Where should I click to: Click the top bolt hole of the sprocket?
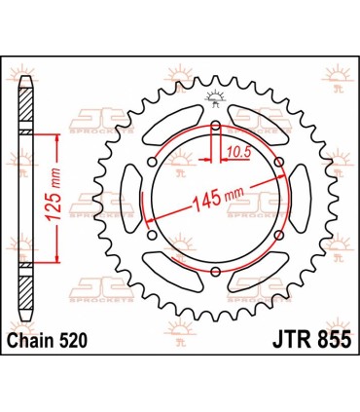click(x=215, y=126)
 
